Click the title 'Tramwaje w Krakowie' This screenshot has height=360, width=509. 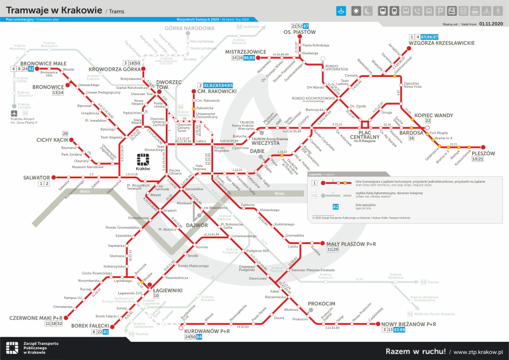tap(54, 11)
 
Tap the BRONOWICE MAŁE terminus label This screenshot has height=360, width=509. tap(44, 63)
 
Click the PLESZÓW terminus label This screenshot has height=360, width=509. tap(482, 153)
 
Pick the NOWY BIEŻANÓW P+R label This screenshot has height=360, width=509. tap(409, 324)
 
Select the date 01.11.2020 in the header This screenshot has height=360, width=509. tap(490, 24)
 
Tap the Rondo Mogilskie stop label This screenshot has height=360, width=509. tap(221, 150)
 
